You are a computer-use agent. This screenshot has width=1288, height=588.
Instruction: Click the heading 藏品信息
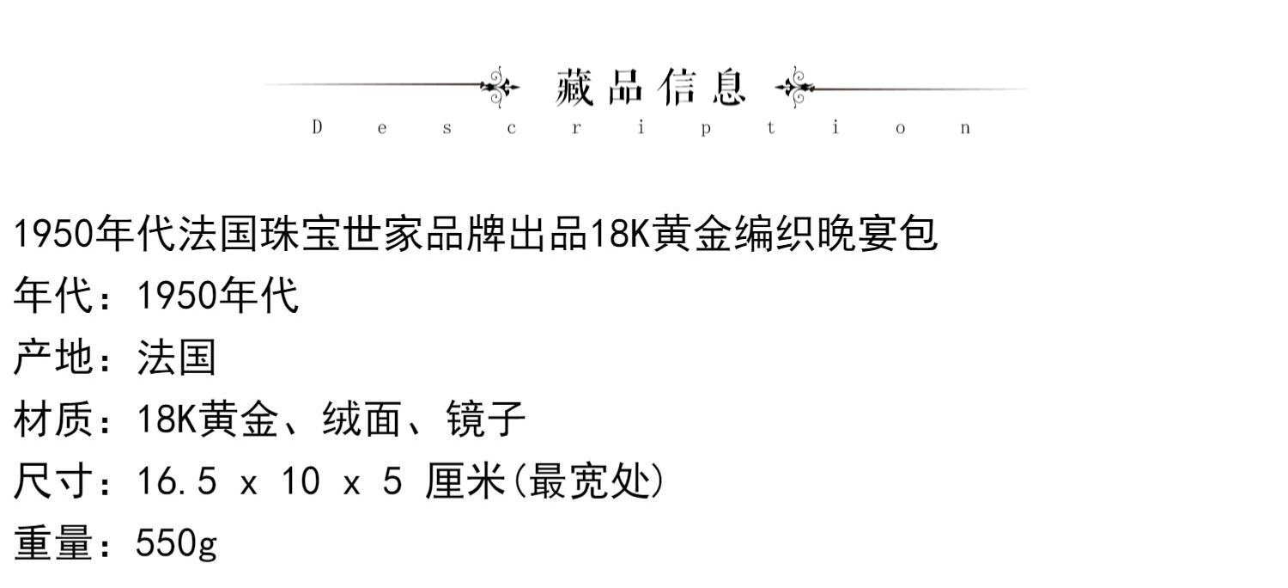650,87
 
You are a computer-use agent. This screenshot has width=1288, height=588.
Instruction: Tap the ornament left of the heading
500,86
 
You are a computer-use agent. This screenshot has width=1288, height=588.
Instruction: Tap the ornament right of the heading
795,86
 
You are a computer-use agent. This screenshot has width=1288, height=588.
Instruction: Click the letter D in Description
317,128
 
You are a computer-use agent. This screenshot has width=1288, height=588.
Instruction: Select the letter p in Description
705,129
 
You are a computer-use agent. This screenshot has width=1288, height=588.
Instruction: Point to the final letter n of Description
966,129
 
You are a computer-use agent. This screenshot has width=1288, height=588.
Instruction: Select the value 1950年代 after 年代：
218,296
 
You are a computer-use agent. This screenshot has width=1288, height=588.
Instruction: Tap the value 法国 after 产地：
176,357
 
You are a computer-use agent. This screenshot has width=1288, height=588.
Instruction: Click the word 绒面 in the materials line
361,420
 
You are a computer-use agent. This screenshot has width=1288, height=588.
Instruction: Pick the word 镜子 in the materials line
486,420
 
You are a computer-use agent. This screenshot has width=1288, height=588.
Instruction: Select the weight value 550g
177,545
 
